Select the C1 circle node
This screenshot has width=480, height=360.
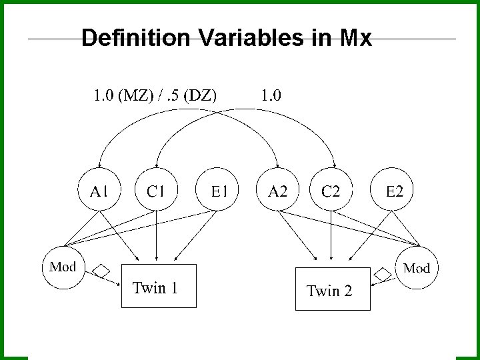(156, 191)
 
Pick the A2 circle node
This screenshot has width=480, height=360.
(277, 191)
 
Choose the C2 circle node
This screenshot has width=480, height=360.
(331, 191)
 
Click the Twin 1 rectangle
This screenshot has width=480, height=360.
(159, 287)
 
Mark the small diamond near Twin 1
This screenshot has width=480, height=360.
(101, 270)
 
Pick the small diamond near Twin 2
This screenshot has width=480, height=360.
(383, 273)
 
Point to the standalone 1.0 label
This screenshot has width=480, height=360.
(270, 95)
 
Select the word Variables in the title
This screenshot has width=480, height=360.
(253, 39)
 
